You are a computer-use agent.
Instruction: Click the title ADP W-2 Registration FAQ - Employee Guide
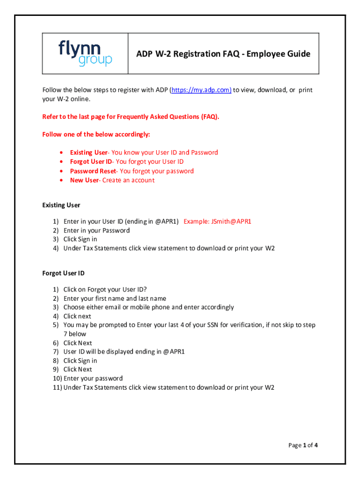(223, 54)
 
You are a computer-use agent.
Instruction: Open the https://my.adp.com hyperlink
(201, 90)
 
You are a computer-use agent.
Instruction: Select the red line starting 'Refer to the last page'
(130, 116)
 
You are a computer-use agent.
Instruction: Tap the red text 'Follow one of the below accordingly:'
(96, 134)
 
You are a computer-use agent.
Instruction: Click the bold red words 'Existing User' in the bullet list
(89, 152)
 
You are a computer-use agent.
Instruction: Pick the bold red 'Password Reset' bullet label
(92, 171)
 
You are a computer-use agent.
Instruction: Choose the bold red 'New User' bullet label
(84, 180)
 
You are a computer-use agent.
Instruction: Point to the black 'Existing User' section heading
(61, 205)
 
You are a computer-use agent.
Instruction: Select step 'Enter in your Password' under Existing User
(96, 230)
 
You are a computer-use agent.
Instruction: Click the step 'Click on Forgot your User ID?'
(108, 290)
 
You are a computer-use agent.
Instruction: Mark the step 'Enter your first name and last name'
(115, 298)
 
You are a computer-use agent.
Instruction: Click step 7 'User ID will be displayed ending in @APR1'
(124, 351)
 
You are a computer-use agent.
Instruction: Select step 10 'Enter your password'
(93, 378)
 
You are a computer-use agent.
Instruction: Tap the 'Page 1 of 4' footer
(302, 445)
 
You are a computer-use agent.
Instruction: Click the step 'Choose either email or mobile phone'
(148, 307)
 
